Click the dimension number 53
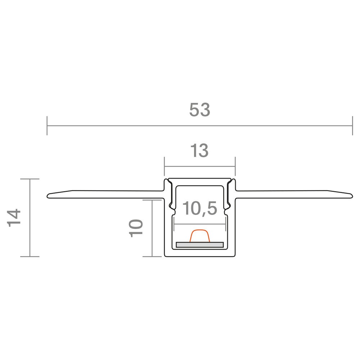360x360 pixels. coord(199,110)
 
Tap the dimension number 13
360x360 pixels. coord(199,150)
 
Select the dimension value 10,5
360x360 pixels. coord(199,208)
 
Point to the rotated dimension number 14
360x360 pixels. coord(14,218)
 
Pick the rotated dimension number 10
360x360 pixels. coord(136,228)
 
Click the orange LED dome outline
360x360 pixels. coord(200,236)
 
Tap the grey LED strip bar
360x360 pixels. coord(200,245)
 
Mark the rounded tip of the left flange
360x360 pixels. coord(48,196)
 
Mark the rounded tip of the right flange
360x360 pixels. coord(352,196)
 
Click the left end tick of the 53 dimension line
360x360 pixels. coord(47,126)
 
